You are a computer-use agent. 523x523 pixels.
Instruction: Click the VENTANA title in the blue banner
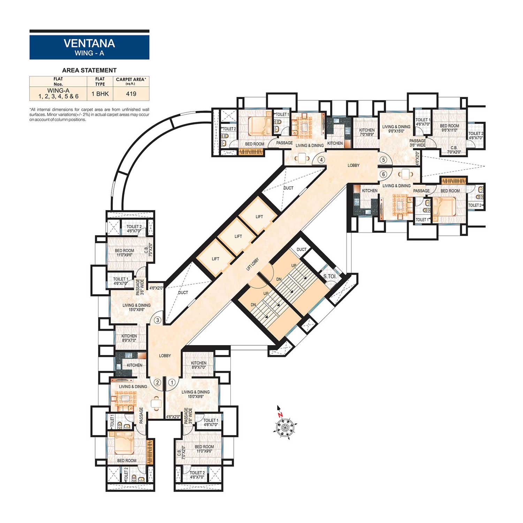coord(89,43)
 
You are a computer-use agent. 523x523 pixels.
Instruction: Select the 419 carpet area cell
coord(131,94)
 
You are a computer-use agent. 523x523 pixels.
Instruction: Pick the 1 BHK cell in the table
coord(100,94)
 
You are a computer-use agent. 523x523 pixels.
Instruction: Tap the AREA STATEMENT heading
coord(89,70)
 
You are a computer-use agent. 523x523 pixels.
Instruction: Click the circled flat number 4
coord(321,160)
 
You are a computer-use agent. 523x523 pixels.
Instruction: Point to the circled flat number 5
coord(384,160)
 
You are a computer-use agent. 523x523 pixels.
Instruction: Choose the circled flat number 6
coord(384,174)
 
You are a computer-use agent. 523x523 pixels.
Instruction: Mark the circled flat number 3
coord(158,320)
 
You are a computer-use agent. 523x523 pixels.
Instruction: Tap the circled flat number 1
coord(172,382)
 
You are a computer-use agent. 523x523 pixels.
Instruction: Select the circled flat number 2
coord(157,382)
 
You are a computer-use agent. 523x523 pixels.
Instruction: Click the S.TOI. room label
coord(330,276)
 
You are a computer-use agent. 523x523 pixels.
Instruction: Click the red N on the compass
coord(280,415)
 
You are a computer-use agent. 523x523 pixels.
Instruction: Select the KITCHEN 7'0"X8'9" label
coord(367,132)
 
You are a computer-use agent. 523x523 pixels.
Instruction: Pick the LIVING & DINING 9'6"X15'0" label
coord(396,129)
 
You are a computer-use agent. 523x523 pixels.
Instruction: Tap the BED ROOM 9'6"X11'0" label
coord(449,128)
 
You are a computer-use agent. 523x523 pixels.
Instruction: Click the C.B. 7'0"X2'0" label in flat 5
coord(454,150)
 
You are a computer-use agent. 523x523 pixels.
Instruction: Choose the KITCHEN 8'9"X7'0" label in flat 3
coord(129,338)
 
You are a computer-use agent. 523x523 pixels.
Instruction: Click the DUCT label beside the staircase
coord(302,250)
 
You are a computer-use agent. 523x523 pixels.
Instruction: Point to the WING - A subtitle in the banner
coord(89,53)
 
